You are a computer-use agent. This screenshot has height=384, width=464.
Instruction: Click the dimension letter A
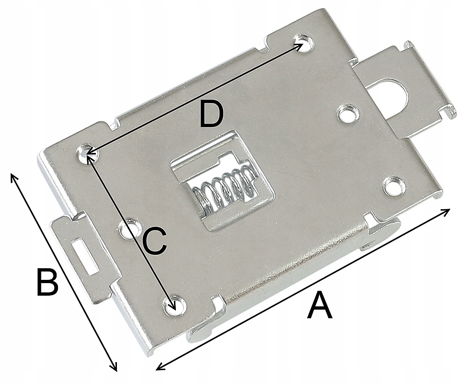tap(320, 305)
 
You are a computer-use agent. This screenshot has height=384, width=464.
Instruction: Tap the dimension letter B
tap(47, 282)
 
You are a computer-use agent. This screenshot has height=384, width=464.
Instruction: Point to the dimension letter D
tap(212, 115)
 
